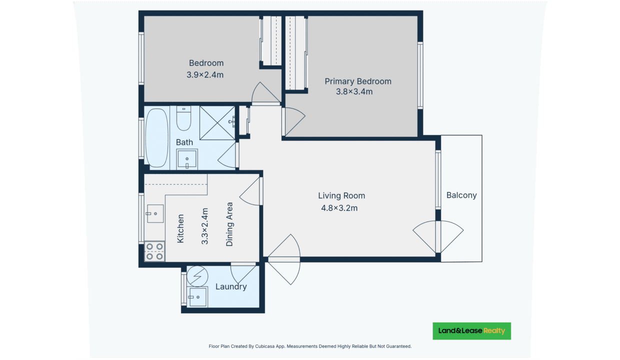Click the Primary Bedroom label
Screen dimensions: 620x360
coord(358,81)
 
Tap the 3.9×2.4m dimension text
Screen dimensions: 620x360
coord(205,75)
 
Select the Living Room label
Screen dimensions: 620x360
coord(341,195)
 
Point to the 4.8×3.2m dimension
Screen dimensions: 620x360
coord(339,208)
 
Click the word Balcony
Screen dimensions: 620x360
coord(461,195)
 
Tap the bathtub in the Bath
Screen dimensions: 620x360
coord(157,138)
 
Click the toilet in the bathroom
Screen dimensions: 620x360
coord(184,118)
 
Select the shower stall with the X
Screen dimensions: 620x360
coord(217,123)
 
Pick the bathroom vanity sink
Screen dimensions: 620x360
coord(187,159)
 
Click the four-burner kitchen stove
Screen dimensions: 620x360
coord(154,251)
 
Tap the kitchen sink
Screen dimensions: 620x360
coord(155,213)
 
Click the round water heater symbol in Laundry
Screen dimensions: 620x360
coord(197,276)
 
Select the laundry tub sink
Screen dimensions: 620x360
coord(197,297)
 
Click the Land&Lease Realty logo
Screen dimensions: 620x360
coord(471,331)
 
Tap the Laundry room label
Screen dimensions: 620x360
coord(231,287)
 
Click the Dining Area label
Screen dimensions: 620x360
coord(229,224)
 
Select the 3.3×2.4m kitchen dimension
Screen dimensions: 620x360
coord(204,226)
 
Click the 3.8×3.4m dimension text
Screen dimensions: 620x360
coord(354,91)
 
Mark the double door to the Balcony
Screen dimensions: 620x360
coord(438,237)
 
